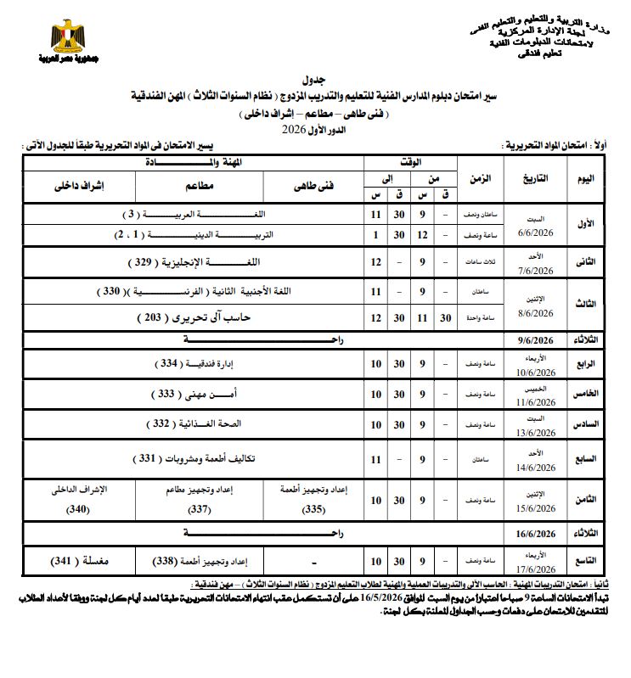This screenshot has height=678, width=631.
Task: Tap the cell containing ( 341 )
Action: (70, 561)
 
